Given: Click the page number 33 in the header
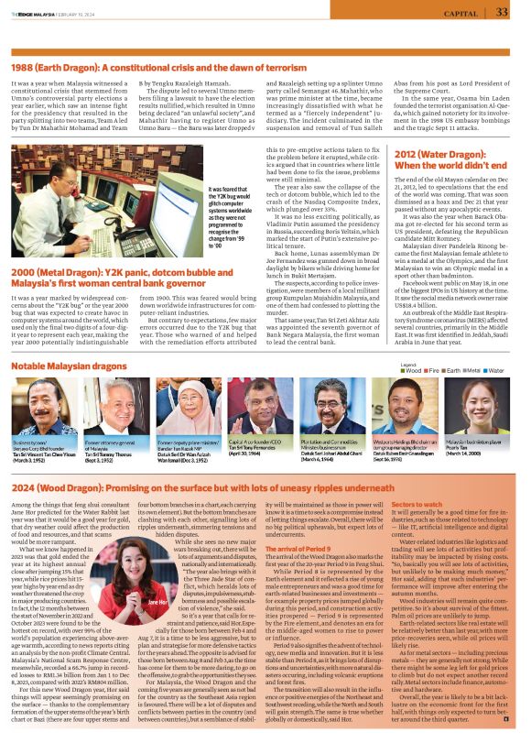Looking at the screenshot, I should tap(502, 12).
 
